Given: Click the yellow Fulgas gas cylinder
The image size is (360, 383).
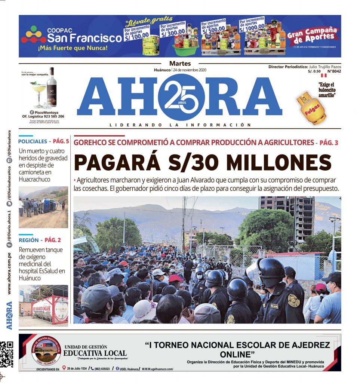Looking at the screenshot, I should pyautogui.click(x=311, y=108).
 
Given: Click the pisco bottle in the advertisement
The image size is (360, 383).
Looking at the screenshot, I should pyautogui.click(x=51, y=88).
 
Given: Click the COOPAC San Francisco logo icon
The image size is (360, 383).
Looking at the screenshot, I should pyautogui.click(x=33, y=35).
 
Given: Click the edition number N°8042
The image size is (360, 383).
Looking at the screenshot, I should pyautogui.click(x=334, y=71).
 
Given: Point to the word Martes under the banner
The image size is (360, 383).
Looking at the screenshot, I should pyautogui.click(x=180, y=64).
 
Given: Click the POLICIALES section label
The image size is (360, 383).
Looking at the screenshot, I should pyautogui.click(x=33, y=141).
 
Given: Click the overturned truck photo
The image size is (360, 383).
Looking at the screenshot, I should pyautogui.click(x=43, y=207).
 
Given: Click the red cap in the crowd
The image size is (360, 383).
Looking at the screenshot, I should pyautogui.click(x=176, y=278).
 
